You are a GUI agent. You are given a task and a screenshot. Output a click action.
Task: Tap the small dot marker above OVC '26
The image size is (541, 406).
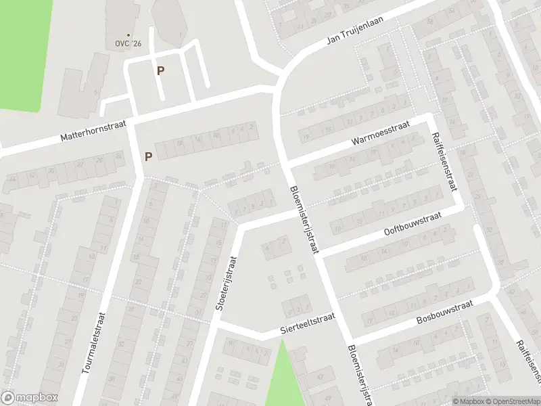coord(128,35)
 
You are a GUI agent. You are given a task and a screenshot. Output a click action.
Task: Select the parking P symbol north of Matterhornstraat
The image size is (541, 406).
coord(160,70)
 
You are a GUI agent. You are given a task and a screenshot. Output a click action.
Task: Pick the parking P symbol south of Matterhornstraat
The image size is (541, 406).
coord(148,156)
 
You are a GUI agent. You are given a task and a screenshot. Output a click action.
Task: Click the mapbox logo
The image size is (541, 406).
coord(28,397)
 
